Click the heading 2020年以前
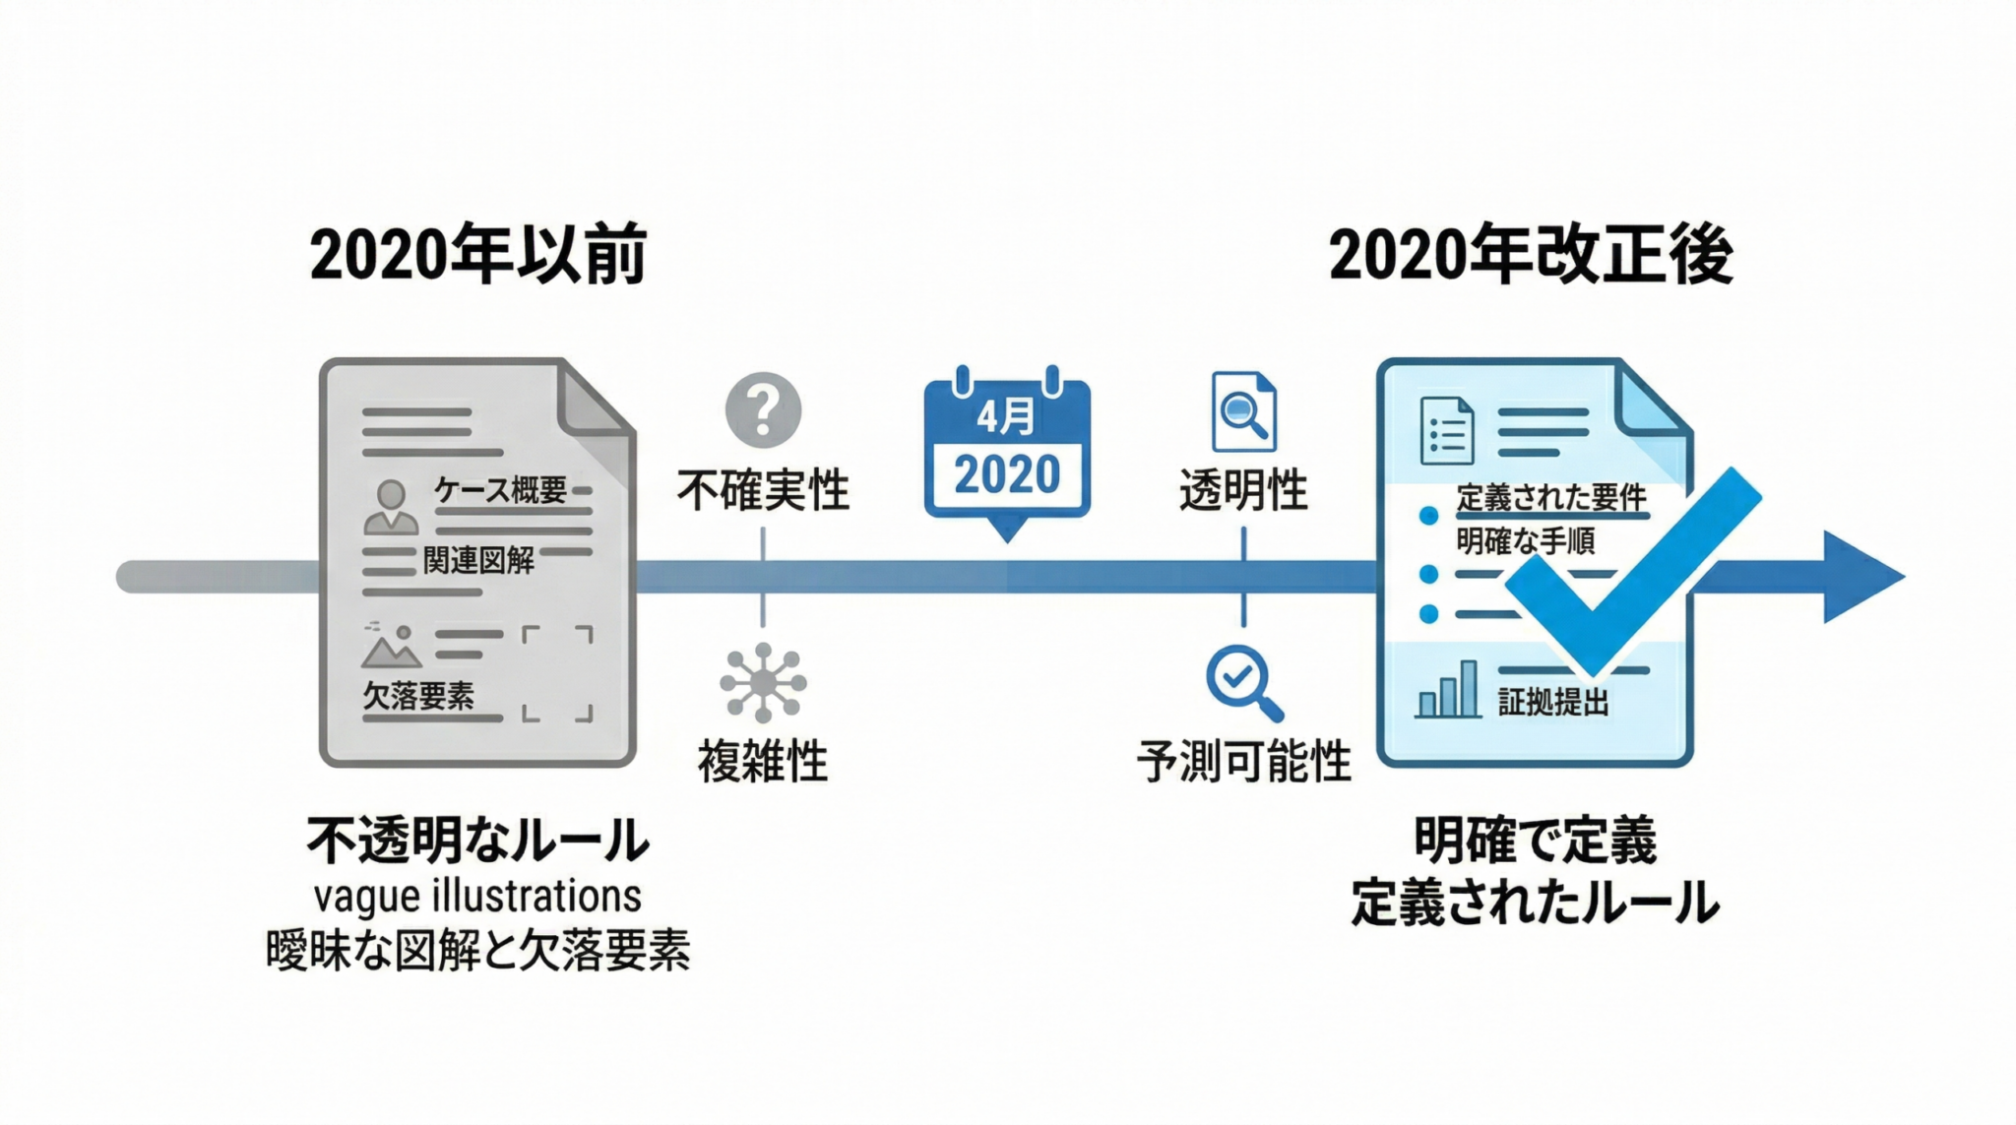point(478,255)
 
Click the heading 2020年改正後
point(1531,255)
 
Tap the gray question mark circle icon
point(763,409)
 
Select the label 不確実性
point(763,490)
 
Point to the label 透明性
point(1243,490)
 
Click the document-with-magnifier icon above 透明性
point(1243,411)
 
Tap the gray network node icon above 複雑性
point(763,682)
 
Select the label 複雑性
point(763,761)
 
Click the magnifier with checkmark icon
point(1242,681)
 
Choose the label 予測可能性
point(1243,761)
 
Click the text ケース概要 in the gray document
point(500,489)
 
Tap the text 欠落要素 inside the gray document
point(418,696)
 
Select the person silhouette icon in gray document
point(391,507)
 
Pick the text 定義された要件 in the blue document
point(1551,498)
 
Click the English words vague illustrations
point(477,897)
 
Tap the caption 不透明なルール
point(477,842)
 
